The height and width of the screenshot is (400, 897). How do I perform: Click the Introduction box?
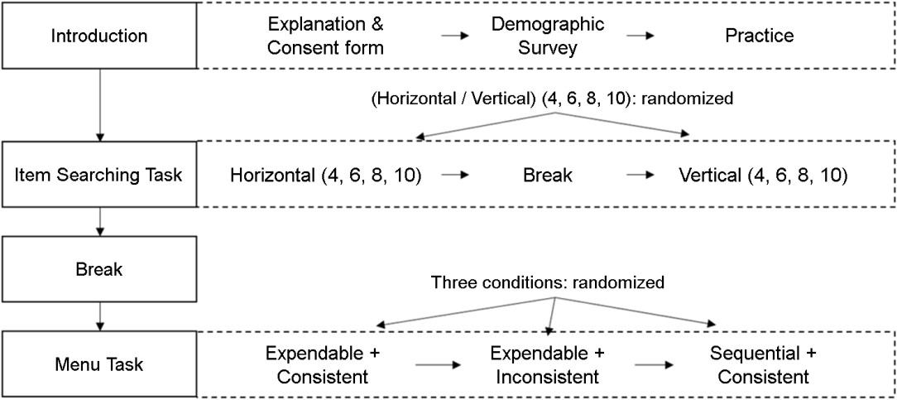tap(99, 36)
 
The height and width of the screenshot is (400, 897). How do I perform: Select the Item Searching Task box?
tap(99, 174)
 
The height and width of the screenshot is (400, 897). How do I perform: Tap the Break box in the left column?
tap(99, 269)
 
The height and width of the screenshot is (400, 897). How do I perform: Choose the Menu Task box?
tap(99, 364)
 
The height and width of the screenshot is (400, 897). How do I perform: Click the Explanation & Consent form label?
tap(325, 36)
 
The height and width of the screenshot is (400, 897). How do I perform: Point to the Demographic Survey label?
tap(548, 36)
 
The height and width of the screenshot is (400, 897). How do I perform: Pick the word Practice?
tap(760, 36)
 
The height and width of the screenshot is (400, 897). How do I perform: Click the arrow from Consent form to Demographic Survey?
tap(455, 36)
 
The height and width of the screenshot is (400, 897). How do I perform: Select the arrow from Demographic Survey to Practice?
tap(640, 36)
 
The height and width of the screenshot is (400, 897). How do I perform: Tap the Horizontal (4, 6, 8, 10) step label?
tap(326, 175)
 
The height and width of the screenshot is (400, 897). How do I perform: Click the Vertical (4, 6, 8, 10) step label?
tap(763, 175)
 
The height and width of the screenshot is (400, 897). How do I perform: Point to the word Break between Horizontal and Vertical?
tap(548, 175)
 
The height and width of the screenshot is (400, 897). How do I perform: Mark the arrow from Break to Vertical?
tap(640, 175)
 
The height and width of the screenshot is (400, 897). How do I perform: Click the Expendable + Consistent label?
tap(324, 364)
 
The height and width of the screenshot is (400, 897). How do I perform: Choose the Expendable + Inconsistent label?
tap(547, 364)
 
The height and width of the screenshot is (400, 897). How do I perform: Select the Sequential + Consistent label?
tap(763, 364)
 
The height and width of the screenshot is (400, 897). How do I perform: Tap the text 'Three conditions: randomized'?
tap(548, 282)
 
